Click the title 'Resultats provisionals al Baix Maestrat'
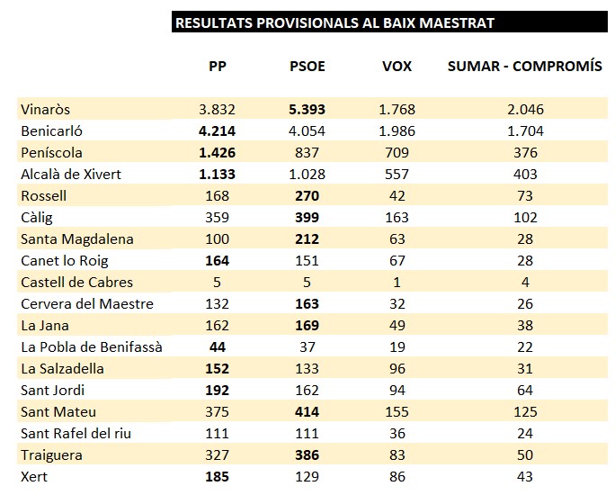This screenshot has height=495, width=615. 334,22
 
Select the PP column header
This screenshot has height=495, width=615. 218,66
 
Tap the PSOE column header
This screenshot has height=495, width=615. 307,66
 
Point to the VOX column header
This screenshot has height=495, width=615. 397,66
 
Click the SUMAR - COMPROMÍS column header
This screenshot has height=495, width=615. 525,66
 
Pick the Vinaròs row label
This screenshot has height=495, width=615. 46,109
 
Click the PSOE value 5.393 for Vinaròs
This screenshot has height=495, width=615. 307,109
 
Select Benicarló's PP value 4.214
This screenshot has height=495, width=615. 218,130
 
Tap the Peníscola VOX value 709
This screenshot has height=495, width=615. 397,152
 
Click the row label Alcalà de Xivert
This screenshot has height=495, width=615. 71,174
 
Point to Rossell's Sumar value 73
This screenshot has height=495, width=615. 525,195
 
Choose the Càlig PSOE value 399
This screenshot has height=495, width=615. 307,217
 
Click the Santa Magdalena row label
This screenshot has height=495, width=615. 77,238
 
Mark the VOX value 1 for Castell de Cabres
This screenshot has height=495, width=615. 397,282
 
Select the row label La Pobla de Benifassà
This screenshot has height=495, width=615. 92,346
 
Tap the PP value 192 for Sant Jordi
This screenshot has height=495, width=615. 218,390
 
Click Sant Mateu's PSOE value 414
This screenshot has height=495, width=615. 307,411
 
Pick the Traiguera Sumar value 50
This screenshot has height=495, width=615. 525,454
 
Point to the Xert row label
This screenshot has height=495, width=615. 34,476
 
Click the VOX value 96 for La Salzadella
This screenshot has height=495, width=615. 397,368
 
